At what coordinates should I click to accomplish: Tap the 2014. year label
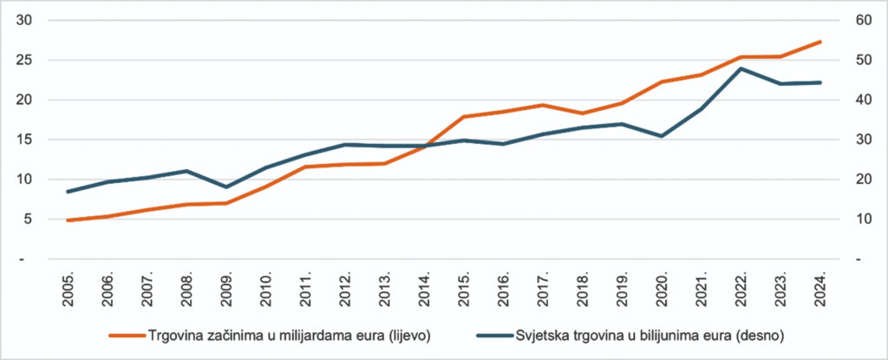(425, 285)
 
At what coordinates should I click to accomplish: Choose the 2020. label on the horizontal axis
(663, 285)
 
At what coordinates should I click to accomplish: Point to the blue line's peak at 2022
(741, 69)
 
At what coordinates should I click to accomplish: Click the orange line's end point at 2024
(820, 42)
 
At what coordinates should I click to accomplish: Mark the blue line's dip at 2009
(226, 187)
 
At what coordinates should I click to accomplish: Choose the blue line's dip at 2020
(663, 136)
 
